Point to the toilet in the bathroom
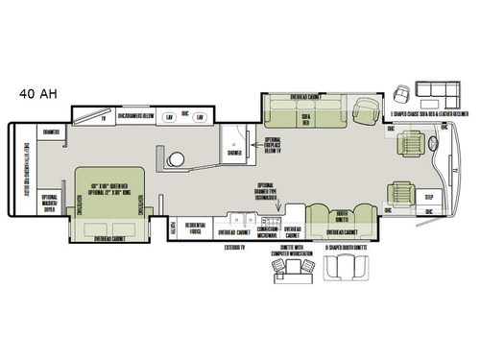(x=176, y=160)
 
